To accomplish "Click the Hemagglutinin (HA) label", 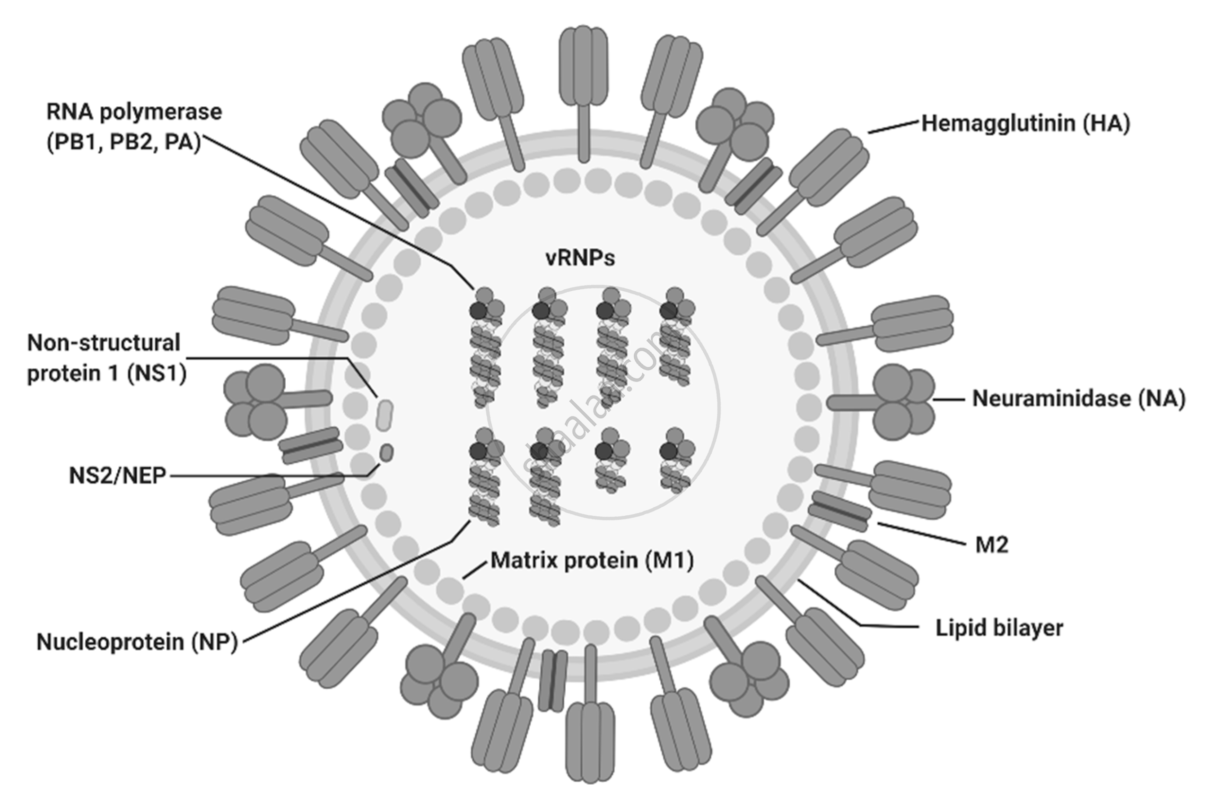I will pos(1025,124).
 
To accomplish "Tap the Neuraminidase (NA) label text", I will pos(1078,399).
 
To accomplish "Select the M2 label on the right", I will pos(992,545).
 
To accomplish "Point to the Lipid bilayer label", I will pos(999,628).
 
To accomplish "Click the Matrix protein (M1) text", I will pos(592,560).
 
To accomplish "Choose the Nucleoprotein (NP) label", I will pos(137,642).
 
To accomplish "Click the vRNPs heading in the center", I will pos(580,258).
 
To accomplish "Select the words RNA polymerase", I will pos(134,112).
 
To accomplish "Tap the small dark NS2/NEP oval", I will pos(387,453).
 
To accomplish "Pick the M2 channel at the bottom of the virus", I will pos(553,681).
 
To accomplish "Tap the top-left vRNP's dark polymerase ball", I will pos(478,311).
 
